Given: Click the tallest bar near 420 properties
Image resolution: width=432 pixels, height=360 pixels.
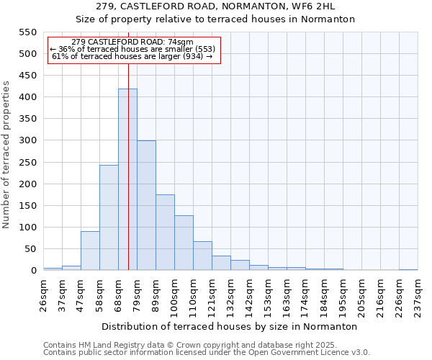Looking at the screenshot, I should click(127, 180).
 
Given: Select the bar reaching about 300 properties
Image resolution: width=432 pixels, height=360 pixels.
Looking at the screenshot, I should click(146, 206).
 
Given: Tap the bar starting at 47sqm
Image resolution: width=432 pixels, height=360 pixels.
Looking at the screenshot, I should click(90, 251).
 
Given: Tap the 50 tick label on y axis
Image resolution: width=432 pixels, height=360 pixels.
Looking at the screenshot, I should click(30, 249).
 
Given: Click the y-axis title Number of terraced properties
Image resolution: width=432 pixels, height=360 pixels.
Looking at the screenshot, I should click(6, 155).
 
